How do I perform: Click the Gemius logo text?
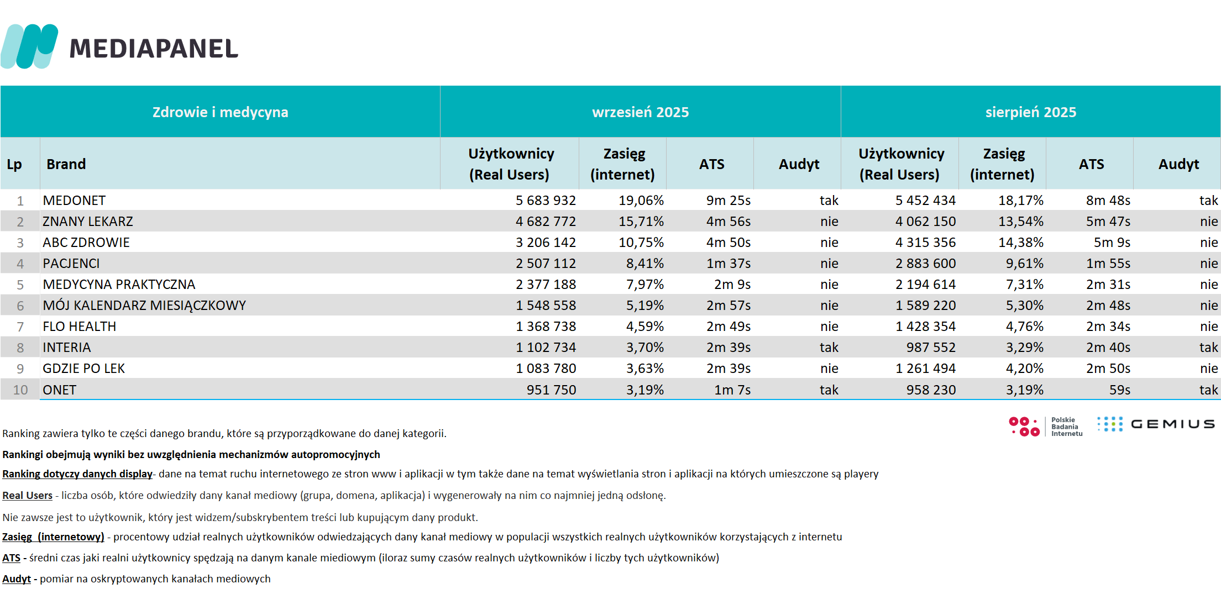pos(1172,424)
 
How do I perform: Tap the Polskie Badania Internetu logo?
pos(1045,427)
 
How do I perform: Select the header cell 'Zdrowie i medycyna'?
pos(220,112)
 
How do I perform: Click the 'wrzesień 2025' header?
pos(640,112)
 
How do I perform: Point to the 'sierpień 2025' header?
pos(1030,112)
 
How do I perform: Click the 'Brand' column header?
pos(66,164)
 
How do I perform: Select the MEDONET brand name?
pos(74,201)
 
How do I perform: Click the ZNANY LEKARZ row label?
pos(88,222)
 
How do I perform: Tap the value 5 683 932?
pos(546,201)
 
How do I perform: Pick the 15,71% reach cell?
pos(641,222)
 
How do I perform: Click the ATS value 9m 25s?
pos(728,201)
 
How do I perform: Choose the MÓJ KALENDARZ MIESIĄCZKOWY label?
pos(144,306)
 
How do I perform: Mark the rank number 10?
pos(20,390)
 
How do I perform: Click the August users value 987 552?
pos(931,348)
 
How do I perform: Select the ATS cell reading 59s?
pos(1119,390)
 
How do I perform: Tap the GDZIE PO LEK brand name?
pos(84,369)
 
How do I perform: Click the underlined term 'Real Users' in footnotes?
pos(27,496)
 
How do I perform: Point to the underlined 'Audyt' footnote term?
pos(17,579)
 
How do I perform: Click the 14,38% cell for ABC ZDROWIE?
pos(1020,243)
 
